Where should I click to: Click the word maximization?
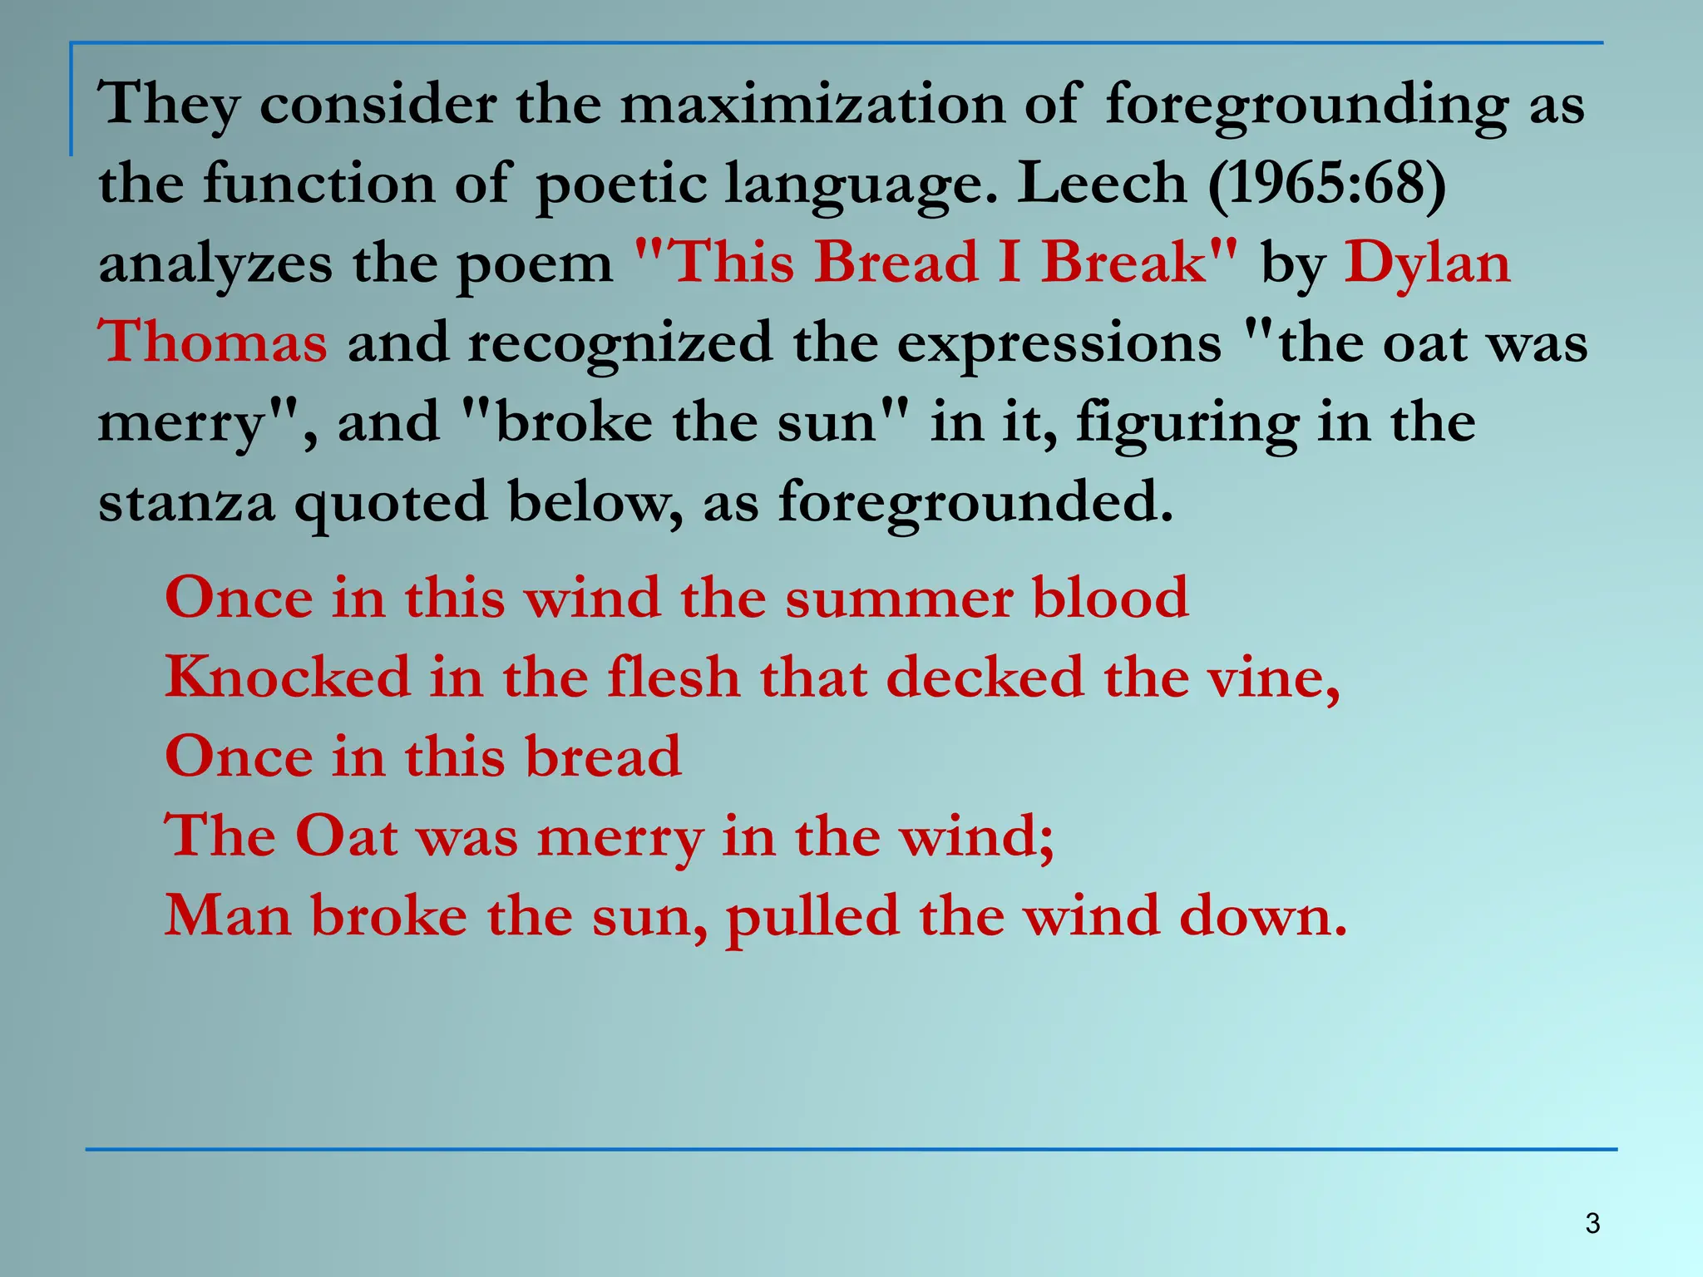pyautogui.click(x=812, y=105)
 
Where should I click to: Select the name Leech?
pyautogui.click(x=1102, y=183)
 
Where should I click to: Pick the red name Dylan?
pyautogui.click(x=1427, y=263)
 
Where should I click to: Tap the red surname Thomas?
pyautogui.click(x=213, y=342)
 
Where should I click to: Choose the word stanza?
pyautogui.click(x=186, y=503)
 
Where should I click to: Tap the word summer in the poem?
pyautogui.click(x=899, y=599)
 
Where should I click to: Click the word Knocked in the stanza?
pyautogui.click(x=288, y=677)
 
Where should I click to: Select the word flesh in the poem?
pyautogui.click(x=674, y=677)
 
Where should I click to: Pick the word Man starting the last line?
pyautogui.click(x=228, y=916)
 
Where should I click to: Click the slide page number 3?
pyautogui.click(x=1592, y=1224)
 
